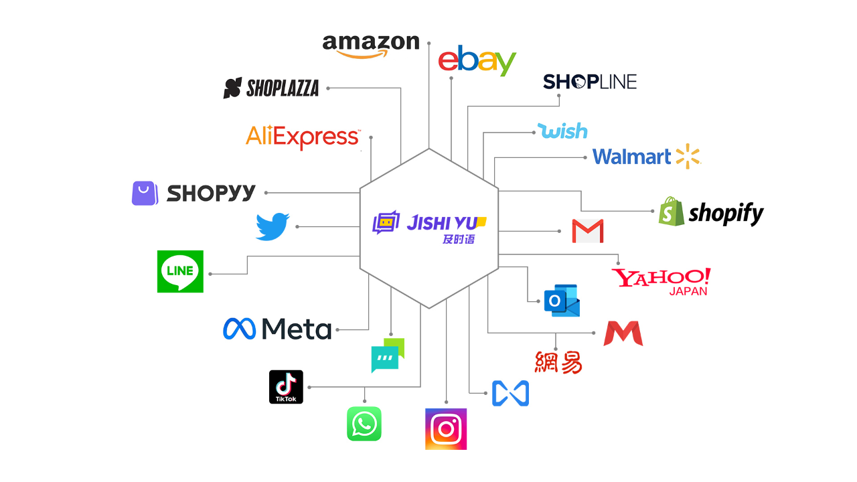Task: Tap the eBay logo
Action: (477, 61)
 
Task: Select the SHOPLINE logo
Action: (589, 82)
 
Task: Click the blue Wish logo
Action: (562, 131)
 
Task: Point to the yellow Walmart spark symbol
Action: (688, 156)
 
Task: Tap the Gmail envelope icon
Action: (588, 231)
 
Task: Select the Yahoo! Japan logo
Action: (661, 280)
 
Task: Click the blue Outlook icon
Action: (562, 300)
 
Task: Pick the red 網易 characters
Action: (558, 362)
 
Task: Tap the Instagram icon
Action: (446, 429)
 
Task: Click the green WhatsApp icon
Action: (364, 424)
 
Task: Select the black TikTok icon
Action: (286, 387)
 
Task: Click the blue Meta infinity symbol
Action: (240, 329)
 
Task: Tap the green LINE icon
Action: (180, 271)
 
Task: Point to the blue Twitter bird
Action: (272, 226)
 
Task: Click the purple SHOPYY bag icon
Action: (145, 193)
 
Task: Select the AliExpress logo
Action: (303, 137)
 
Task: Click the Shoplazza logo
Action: (271, 88)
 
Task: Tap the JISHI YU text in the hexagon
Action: (439, 222)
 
